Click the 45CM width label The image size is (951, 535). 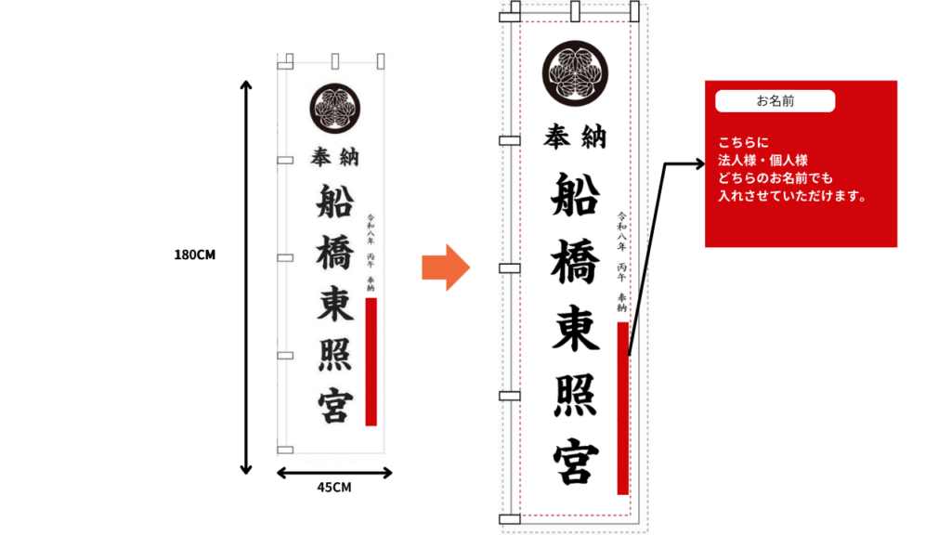334,488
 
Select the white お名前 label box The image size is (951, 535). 775,100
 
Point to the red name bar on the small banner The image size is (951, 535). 371,361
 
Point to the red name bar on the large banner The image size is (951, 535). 623,408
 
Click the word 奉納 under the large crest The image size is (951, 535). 575,137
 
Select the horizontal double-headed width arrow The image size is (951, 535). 334,472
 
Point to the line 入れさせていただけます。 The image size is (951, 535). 791,196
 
